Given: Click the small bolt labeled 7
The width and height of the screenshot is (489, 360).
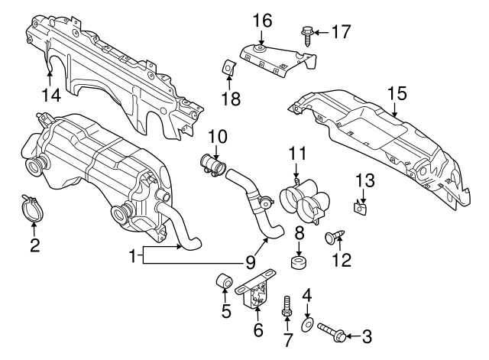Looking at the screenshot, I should pos(287,310).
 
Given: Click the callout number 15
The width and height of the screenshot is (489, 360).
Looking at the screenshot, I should pos(395,94).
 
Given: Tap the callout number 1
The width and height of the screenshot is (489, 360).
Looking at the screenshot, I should pos(134,257).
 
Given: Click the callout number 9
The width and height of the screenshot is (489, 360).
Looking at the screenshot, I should pos(250,261).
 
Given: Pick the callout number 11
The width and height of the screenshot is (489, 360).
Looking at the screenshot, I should pos(296,151).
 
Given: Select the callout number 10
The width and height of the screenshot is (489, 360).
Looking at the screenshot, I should pos(218,136).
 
